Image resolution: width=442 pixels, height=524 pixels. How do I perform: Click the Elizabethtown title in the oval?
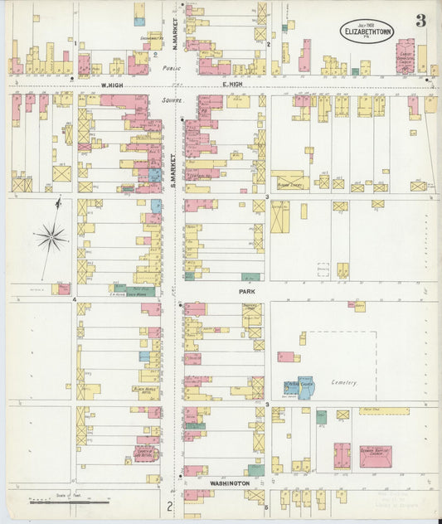click(367, 34)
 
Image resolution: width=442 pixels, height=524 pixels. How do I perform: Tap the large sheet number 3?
click(420, 21)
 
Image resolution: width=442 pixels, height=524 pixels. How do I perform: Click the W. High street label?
click(112, 85)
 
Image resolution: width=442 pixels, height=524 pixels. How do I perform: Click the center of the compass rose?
click(51, 238)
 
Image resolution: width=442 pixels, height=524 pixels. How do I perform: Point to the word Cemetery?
click(343, 382)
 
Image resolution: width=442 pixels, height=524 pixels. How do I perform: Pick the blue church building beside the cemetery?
click(304, 387)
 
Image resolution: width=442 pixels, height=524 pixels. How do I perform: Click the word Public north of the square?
click(172, 69)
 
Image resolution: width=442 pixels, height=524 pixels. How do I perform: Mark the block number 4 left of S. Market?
click(75, 299)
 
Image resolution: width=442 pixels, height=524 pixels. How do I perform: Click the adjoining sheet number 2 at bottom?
click(169, 506)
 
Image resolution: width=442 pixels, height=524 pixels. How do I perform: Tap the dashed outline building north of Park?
click(323, 269)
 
